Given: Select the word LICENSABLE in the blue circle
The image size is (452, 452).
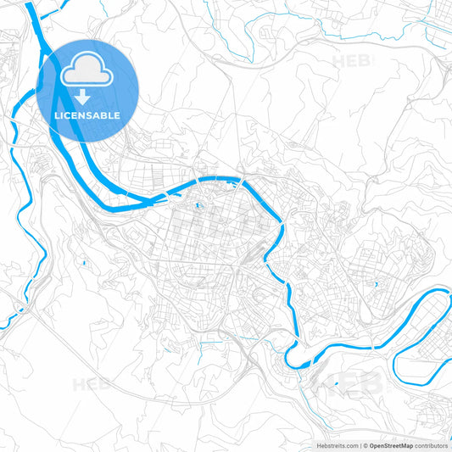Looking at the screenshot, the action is pyautogui.click(x=88, y=115).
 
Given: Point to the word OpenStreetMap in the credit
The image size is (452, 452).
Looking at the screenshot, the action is pyautogui.click(x=392, y=445).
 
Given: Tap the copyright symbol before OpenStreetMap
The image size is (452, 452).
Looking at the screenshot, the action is pyautogui.click(x=366, y=445).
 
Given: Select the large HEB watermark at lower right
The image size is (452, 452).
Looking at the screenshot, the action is pyautogui.click(x=348, y=382).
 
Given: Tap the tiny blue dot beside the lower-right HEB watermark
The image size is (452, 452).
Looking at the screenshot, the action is pyautogui.click(x=337, y=382).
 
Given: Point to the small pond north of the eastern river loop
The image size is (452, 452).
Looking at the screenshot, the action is pyautogui.click(x=374, y=284).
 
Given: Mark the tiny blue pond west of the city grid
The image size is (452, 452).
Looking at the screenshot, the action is pyautogui.click(x=85, y=264).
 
